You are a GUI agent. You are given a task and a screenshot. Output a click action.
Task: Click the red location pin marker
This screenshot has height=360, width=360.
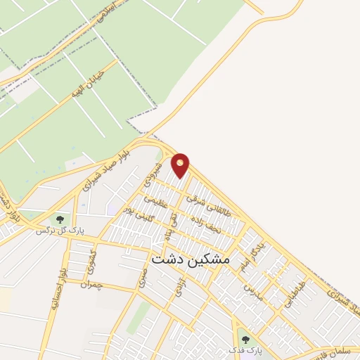point(181,165)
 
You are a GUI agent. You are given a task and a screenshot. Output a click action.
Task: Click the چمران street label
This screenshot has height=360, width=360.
point(91,284)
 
